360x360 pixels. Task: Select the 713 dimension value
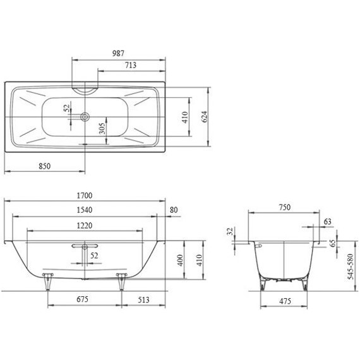[x=131, y=65]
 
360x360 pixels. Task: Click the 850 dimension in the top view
[x=44, y=165]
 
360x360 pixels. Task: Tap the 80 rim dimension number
[x=174, y=210]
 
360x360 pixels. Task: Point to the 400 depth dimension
[x=179, y=260]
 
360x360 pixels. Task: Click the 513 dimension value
[x=145, y=299]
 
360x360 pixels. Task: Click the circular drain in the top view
[x=85, y=117]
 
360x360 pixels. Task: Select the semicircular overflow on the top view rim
[x=85, y=88]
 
